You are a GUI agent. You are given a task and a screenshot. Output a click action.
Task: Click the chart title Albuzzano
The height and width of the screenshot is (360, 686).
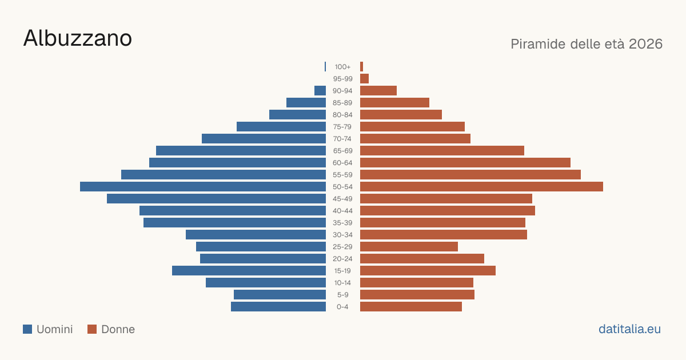78,38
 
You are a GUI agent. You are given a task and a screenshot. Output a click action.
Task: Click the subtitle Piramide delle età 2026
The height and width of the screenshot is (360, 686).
587,44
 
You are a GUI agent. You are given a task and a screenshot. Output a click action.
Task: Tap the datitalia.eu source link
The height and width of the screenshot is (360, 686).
629,329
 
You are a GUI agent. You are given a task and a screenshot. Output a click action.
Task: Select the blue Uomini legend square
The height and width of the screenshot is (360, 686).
27,329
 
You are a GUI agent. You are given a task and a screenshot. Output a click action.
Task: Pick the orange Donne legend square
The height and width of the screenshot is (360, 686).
92,329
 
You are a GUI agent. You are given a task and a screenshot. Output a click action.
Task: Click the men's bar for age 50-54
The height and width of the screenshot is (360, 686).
203,187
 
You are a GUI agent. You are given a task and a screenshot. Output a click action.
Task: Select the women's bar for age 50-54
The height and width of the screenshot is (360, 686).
481,187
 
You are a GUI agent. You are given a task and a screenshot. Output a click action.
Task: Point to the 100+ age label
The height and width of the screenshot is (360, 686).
342,67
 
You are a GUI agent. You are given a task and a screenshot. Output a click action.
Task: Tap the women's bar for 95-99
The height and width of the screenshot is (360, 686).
365,79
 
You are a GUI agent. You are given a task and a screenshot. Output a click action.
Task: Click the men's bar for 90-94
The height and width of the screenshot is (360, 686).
320,91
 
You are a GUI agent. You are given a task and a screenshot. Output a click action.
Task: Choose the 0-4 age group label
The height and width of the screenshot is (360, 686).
342,307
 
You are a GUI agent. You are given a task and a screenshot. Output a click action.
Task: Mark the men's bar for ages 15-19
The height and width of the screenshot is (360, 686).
249,271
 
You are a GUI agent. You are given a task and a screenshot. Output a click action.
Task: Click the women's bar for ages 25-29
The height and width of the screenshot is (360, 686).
409,247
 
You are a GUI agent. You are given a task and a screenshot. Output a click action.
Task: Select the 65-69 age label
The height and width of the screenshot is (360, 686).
342,151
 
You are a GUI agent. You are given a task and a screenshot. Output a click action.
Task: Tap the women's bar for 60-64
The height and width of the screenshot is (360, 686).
465,162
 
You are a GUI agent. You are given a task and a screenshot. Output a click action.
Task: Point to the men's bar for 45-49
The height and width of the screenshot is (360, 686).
216,199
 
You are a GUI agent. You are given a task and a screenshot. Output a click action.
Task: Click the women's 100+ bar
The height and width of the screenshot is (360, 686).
362,67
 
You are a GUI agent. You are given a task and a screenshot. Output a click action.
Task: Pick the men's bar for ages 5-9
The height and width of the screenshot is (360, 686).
280,295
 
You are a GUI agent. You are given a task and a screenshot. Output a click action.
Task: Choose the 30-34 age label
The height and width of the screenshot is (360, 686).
342,235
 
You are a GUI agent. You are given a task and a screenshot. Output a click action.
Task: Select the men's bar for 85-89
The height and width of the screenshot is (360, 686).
306,102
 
